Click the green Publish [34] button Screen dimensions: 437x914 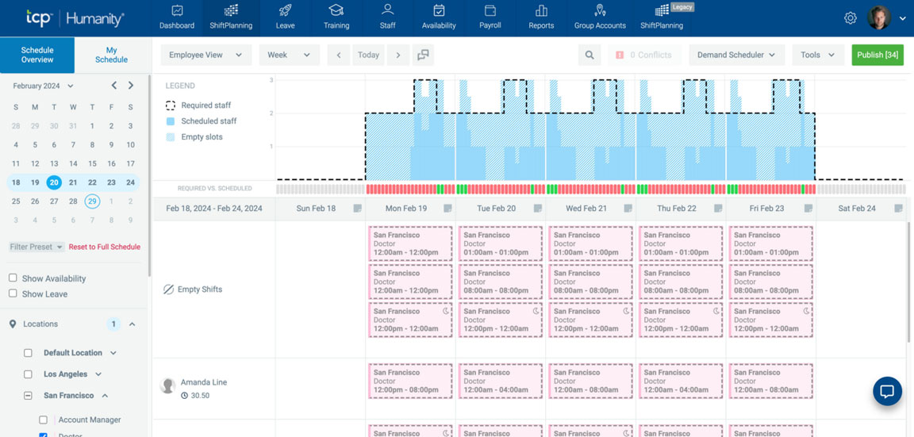(877, 55)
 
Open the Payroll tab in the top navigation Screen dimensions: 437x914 (490, 17)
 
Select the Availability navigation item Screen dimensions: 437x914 (439, 17)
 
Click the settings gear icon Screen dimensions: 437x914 (850, 18)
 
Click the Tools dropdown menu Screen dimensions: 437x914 (816, 55)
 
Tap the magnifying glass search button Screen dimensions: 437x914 (589, 55)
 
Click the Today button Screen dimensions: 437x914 (368, 55)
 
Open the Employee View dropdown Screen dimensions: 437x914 (205, 55)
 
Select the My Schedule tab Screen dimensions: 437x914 (111, 55)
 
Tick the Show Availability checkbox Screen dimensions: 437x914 (13, 278)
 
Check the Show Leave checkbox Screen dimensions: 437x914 (13, 293)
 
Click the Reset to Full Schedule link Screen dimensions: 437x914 (104, 247)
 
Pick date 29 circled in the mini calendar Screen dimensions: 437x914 (92, 201)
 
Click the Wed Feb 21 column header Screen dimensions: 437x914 (586, 209)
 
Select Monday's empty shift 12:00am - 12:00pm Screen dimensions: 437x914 (410, 243)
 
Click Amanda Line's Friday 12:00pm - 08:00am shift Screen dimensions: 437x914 (770, 381)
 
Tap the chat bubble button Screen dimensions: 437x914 (887, 391)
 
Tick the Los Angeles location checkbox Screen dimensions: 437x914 (28, 374)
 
